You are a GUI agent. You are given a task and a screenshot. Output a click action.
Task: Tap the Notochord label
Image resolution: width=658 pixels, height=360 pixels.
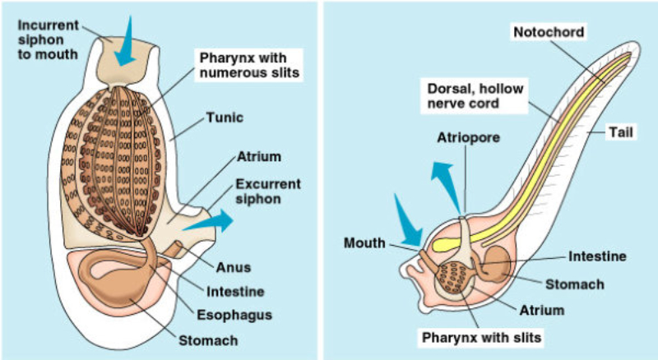pos(549,32)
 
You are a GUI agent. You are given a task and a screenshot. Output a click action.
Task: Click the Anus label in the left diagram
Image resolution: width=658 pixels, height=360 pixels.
pos(234,267)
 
